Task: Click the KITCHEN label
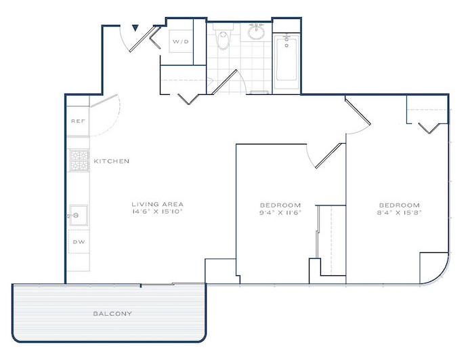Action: [x=112, y=161]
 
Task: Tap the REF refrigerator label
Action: [x=78, y=121]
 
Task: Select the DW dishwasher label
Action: [x=79, y=241]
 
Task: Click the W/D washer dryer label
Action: [x=181, y=41]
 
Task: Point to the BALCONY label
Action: [x=112, y=314]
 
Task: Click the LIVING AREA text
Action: [x=158, y=204]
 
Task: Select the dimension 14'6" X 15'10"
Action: [x=157, y=212]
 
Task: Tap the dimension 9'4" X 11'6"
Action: [x=280, y=212]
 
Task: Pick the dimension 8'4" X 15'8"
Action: [x=400, y=212]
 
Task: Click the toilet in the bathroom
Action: [x=223, y=37]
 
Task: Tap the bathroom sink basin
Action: [x=256, y=33]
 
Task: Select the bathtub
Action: [x=286, y=62]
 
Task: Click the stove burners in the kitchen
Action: [x=79, y=161]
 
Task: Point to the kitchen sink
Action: [x=79, y=216]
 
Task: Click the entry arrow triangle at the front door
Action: [x=135, y=28]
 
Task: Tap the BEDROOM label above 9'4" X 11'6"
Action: [x=280, y=205]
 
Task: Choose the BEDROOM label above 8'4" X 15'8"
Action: [x=400, y=205]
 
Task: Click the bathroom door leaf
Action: [x=225, y=82]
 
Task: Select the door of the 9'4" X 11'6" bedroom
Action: [x=328, y=156]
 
